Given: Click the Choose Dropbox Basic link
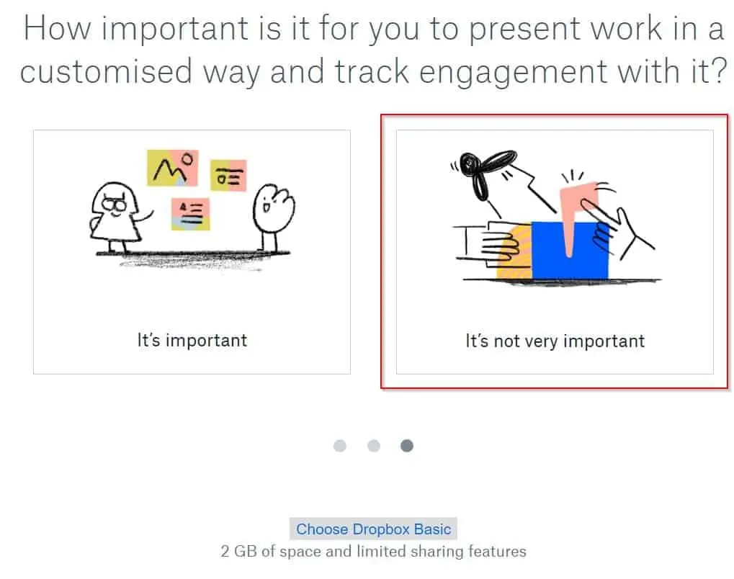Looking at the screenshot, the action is [x=374, y=529].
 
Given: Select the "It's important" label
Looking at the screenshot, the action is [x=192, y=341].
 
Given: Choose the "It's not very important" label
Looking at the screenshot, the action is [x=555, y=341].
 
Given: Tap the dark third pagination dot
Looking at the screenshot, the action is [x=407, y=446].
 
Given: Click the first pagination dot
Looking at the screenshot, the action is [x=340, y=446].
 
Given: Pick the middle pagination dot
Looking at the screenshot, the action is [x=374, y=446].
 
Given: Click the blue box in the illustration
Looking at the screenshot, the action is [x=570, y=251].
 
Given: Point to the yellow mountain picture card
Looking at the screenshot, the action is [x=172, y=168].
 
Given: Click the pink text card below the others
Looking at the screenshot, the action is [x=190, y=214].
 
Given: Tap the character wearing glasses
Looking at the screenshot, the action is [x=115, y=216].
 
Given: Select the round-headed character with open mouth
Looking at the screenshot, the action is [x=274, y=216].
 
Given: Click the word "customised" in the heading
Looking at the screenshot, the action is [x=107, y=71].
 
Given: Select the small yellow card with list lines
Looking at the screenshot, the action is [x=228, y=176].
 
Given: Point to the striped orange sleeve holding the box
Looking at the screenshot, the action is [x=514, y=251].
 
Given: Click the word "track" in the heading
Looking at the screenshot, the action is [x=372, y=71].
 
